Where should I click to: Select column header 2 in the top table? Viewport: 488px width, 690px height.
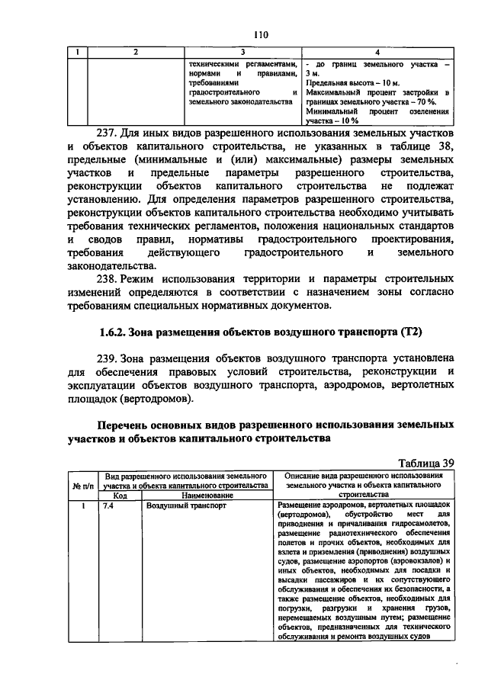click(135, 52)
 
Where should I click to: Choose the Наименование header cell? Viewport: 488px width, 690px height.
click(206, 495)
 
